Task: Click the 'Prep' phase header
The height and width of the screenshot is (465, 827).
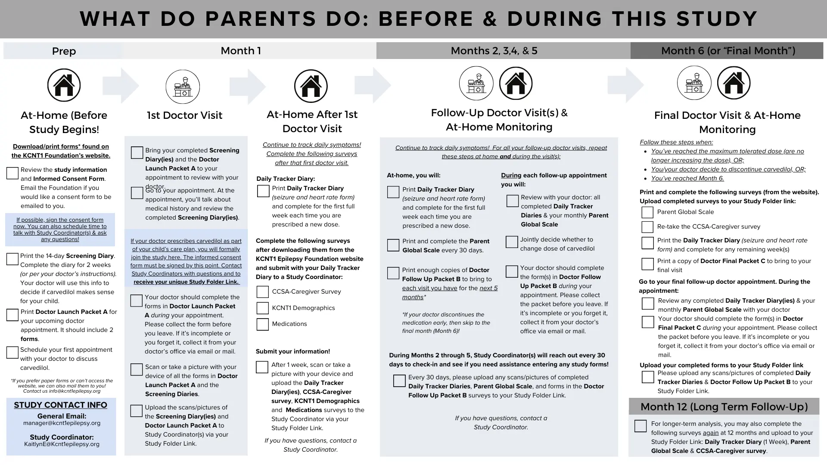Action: [64, 51]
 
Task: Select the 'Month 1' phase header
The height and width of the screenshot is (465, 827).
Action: [240, 51]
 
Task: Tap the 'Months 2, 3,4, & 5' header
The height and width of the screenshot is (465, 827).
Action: [494, 51]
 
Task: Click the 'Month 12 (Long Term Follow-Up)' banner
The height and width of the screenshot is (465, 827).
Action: [724, 406]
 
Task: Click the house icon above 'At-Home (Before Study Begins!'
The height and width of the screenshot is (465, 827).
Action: [64, 85]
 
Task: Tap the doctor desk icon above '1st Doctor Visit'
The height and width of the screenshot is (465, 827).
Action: [183, 87]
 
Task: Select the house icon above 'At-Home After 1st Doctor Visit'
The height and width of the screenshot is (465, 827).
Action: [311, 86]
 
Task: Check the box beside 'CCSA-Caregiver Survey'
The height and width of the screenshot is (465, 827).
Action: [263, 292]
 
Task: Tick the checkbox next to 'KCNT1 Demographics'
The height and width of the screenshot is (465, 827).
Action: [263, 308]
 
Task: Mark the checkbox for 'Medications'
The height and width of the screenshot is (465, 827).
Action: [263, 324]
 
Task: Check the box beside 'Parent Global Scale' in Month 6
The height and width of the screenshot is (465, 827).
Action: [647, 212]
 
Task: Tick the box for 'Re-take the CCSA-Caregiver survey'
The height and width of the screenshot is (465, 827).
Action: [647, 227]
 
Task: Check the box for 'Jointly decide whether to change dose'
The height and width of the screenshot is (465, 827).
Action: [512, 242]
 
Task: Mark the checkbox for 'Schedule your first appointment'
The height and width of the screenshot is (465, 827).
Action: [12, 353]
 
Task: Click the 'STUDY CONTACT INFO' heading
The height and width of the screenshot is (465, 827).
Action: [61, 405]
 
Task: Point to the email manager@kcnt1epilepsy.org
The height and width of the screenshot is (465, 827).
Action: [62, 423]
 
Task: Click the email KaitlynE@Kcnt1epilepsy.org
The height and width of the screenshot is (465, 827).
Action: [62, 444]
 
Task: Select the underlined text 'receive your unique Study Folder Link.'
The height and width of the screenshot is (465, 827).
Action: [186, 282]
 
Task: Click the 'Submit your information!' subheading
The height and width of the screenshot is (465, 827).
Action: [293, 351]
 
